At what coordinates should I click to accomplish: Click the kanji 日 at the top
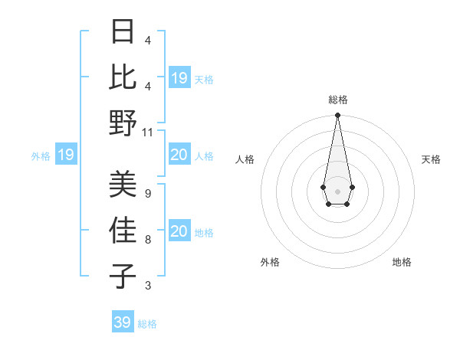[123, 31]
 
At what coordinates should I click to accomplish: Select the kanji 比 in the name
[123, 77]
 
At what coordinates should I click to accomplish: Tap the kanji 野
[123, 123]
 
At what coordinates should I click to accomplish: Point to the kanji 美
[123, 183]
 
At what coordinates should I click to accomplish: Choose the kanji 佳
[123, 230]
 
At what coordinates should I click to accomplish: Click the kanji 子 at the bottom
[123, 275]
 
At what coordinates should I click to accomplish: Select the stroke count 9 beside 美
[148, 193]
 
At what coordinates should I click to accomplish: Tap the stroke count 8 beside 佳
[148, 240]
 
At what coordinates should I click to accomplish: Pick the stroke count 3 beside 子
[148, 286]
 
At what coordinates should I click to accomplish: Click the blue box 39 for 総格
[123, 322]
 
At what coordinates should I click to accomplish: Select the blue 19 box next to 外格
[65, 155]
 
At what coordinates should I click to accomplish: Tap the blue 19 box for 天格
[179, 77]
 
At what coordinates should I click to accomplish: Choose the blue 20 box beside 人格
[179, 155]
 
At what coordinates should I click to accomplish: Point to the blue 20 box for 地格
[179, 231]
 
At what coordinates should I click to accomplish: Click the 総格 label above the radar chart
[338, 100]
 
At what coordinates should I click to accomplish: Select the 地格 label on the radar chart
[402, 262]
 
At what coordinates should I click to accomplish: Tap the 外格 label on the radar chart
[270, 262]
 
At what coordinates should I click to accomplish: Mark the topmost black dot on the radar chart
[337, 116]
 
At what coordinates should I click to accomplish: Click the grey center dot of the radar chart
[337, 190]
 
